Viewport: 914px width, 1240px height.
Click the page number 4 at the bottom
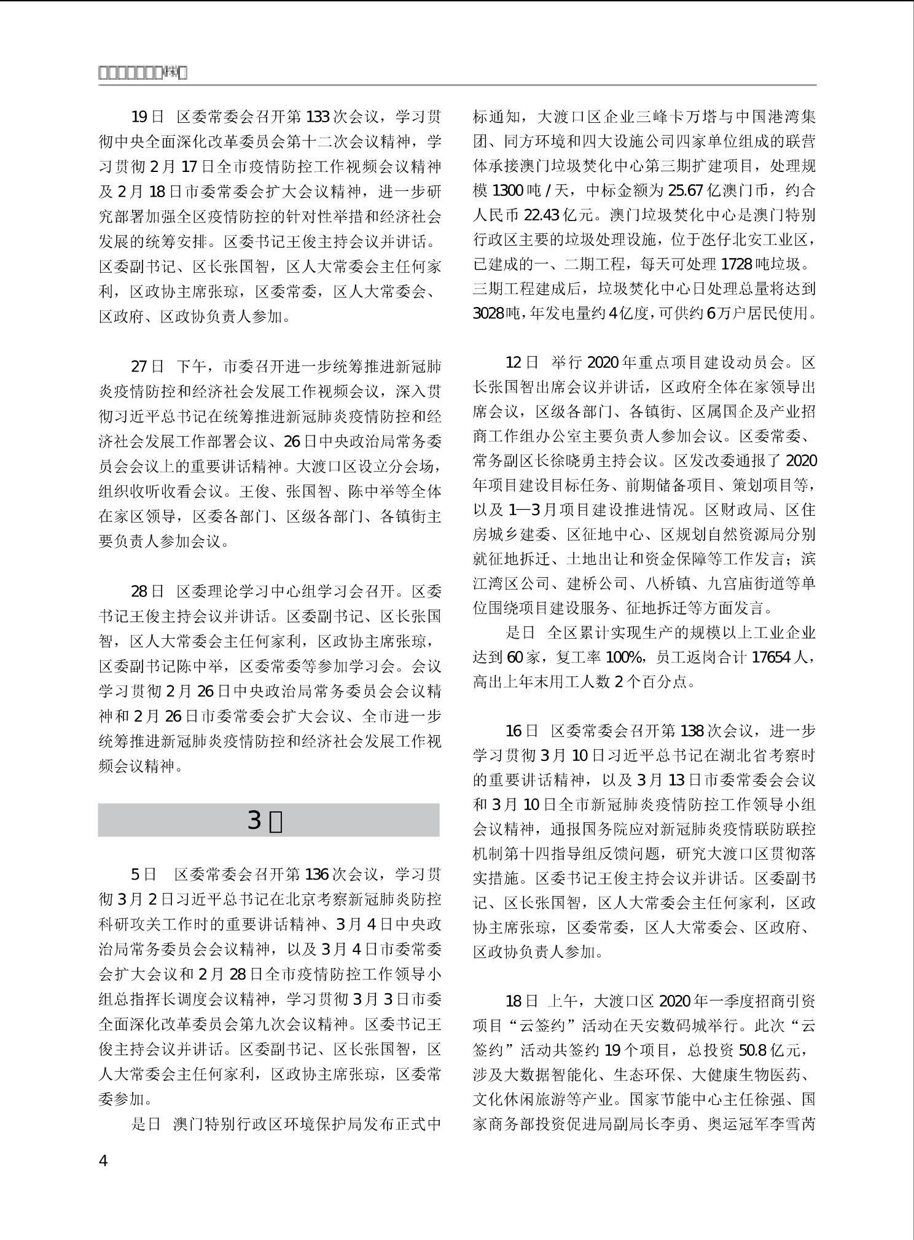pos(103,1161)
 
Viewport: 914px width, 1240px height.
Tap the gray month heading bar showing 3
pos(268,820)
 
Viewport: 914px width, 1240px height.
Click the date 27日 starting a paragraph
pos(147,367)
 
